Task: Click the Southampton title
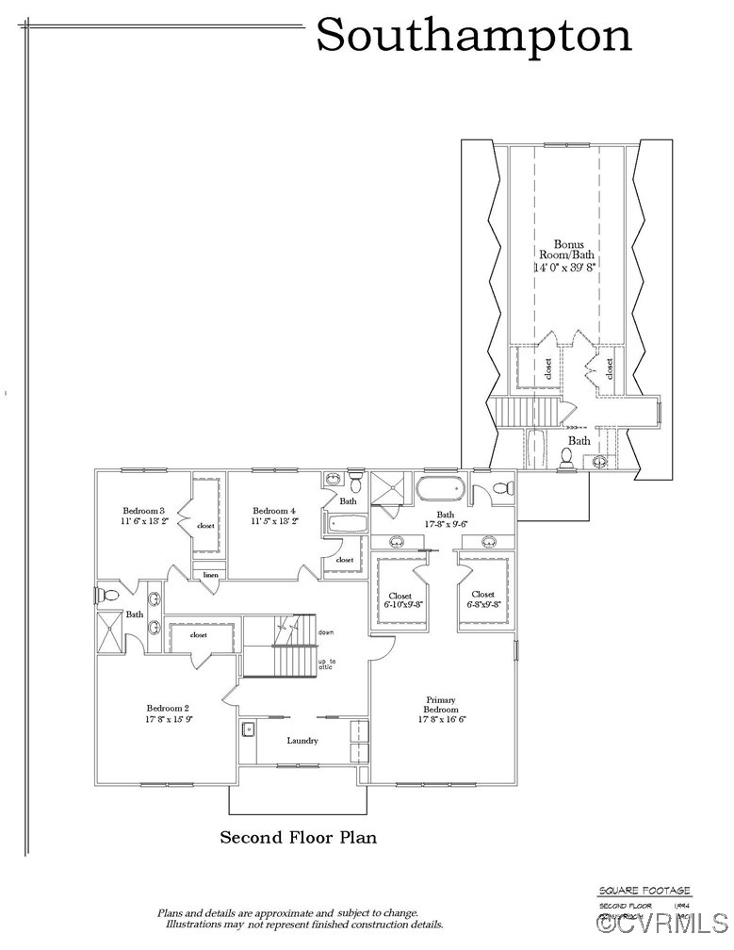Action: [x=473, y=36]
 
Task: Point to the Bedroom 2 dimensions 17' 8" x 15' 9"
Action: [x=169, y=719]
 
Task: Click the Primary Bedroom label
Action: [x=441, y=705]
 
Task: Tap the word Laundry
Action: [x=302, y=741]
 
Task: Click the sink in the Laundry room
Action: [x=248, y=729]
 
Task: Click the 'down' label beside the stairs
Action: [x=326, y=631]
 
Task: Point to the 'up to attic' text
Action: [x=327, y=665]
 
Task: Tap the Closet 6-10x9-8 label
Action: [x=404, y=599]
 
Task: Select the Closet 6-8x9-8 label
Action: [x=483, y=598]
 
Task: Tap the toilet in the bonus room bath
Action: [x=567, y=457]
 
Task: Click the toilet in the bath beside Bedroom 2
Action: [x=108, y=595]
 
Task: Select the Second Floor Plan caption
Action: [x=298, y=837]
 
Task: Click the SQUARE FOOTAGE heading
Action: [x=644, y=891]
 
